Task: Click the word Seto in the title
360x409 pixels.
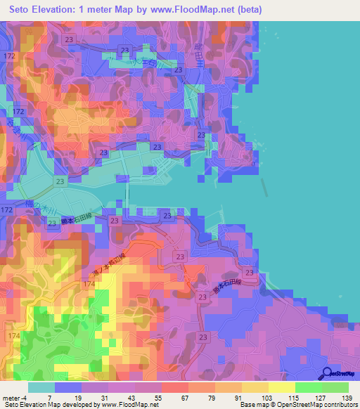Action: tap(23, 10)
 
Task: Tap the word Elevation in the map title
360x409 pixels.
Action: tap(72, 10)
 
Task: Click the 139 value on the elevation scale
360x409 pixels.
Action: tap(347, 397)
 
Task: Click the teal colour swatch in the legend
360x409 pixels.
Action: tap(41, 387)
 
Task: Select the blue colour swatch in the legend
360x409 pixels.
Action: tap(68, 387)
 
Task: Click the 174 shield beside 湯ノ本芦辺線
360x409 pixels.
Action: tap(89, 283)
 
